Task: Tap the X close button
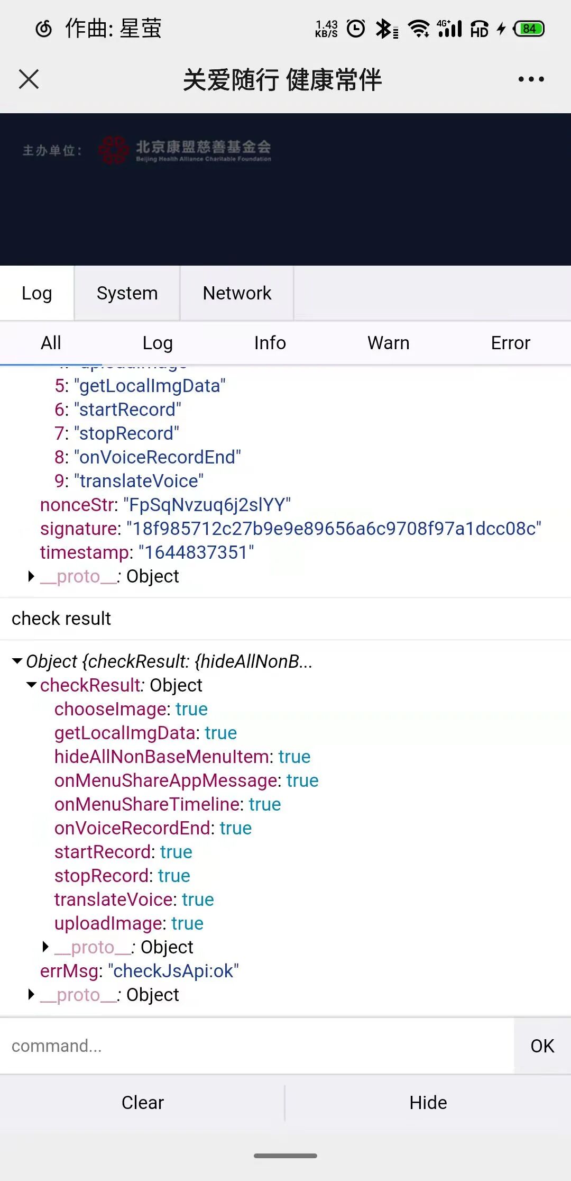[29, 79]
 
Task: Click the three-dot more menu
[531, 79]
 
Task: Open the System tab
[127, 293]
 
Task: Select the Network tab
[237, 293]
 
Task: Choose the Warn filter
[388, 343]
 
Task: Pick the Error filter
[510, 343]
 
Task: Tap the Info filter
[270, 343]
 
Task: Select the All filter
[51, 343]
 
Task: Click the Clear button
[143, 1103]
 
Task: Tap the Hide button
[428, 1103]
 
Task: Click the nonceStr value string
[207, 505]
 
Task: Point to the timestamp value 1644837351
[196, 552]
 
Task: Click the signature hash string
[334, 529]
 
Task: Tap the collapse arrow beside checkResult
[32, 685]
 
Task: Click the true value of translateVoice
[198, 900]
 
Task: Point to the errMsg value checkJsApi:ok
[173, 971]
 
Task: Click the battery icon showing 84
[529, 29]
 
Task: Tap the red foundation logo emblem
[113, 150]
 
